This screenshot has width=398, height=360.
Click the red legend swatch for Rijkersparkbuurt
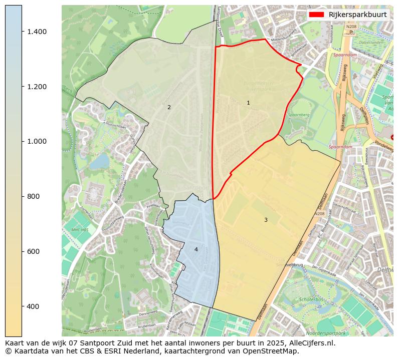pyautogui.click(x=317, y=15)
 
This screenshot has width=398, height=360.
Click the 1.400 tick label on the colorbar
pyautogui.click(x=37, y=32)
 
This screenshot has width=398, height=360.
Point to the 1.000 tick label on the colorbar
pyautogui.click(x=37, y=141)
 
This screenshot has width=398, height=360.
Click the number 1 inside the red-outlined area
pyautogui.click(x=248, y=103)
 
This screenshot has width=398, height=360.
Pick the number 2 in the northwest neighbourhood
pyautogui.click(x=169, y=107)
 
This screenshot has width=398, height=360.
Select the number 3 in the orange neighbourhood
pyautogui.click(x=266, y=220)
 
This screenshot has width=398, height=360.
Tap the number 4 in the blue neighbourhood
pyautogui.click(x=196, y=249)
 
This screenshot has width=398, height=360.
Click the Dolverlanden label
pyautogui.click(x=370, y=43)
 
